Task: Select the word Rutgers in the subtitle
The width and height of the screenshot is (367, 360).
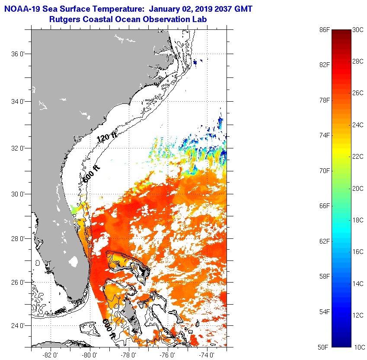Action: click(x=64, y=19)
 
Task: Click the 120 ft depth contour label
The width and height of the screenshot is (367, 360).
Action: click(x=107, y=139)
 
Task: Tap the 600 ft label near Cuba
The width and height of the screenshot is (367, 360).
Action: click(x=109, y=329)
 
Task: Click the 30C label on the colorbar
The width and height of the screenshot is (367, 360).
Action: click(x=359, y=29)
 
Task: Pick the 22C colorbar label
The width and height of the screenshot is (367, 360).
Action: click(x=359, y=157)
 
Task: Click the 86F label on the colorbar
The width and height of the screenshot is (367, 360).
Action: click(x=324, y=29)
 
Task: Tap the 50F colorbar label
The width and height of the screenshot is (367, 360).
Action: click(x=324, y=347)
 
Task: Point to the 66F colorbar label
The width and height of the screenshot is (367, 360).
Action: click(x=324, y=206)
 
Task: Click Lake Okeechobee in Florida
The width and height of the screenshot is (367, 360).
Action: click(x=74, y=262)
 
